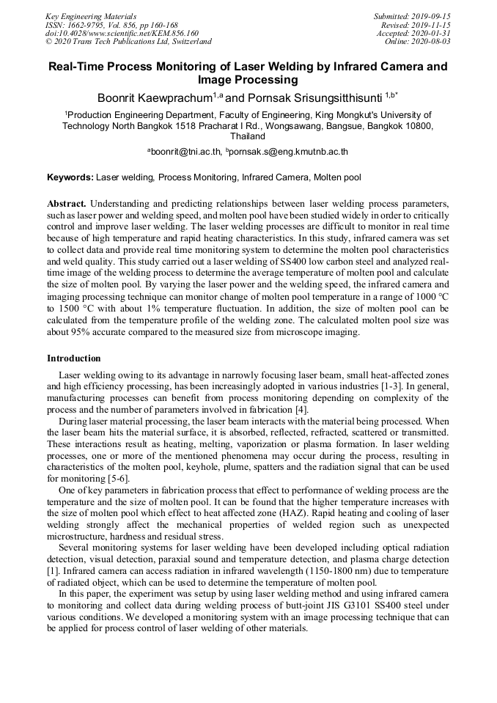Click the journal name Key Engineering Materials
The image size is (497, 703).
91,15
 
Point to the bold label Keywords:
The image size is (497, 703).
70,177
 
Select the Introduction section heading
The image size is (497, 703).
74,358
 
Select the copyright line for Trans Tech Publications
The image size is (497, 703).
128,42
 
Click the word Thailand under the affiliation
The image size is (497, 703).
248,136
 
